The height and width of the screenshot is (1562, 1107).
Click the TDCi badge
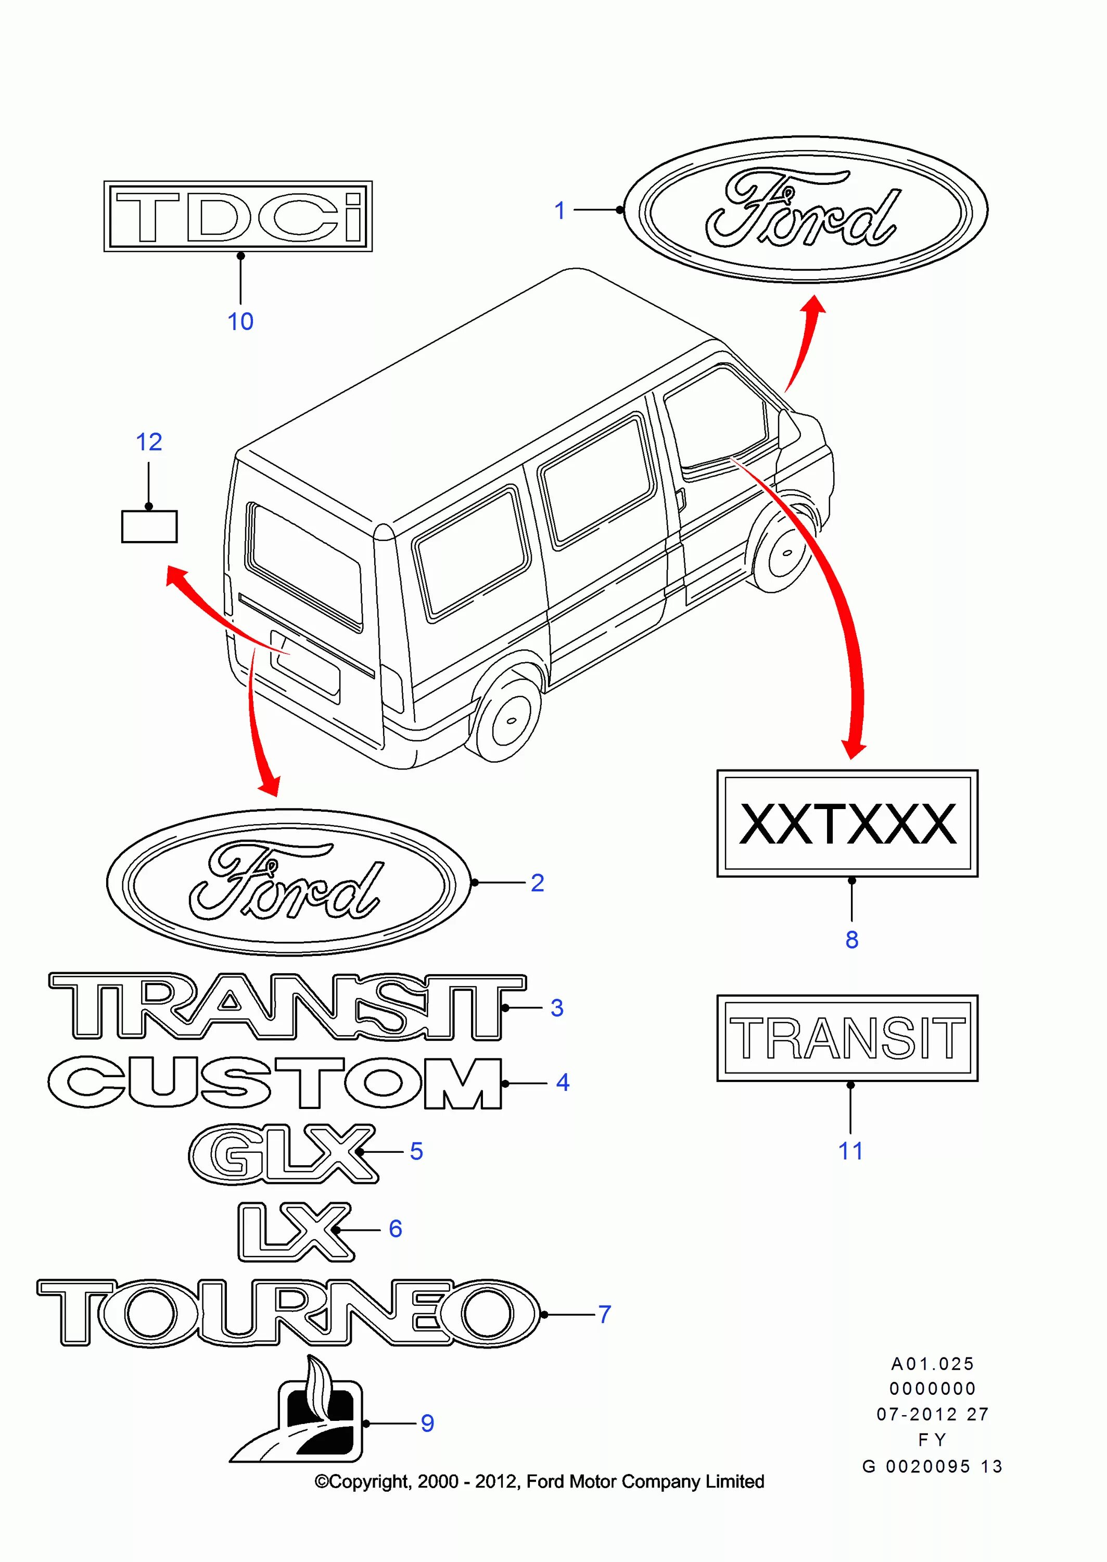tap(238, 216)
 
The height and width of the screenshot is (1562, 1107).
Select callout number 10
tap(240, 321)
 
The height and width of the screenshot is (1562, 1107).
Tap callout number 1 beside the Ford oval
tap(559, 211)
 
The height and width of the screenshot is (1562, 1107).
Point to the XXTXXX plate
tap(847, 824)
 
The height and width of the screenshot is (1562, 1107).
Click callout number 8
tap(851, 939)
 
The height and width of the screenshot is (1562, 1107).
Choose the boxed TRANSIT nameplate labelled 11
tap(847, 1038)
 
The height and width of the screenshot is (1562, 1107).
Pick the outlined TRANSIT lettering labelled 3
tap(286, 1007)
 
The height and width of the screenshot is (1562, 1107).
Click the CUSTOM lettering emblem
tap(275, 1082)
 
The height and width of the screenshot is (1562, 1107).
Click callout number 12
tap(149, 443)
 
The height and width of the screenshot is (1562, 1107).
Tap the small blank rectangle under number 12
tap(149, 527)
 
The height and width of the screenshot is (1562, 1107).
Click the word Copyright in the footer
tap(370, 1481)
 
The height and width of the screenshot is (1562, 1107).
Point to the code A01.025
tap(933, 1364)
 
